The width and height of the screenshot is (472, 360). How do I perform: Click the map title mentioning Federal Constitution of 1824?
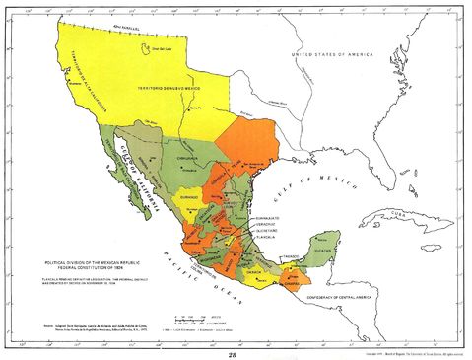coord(95,264)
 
